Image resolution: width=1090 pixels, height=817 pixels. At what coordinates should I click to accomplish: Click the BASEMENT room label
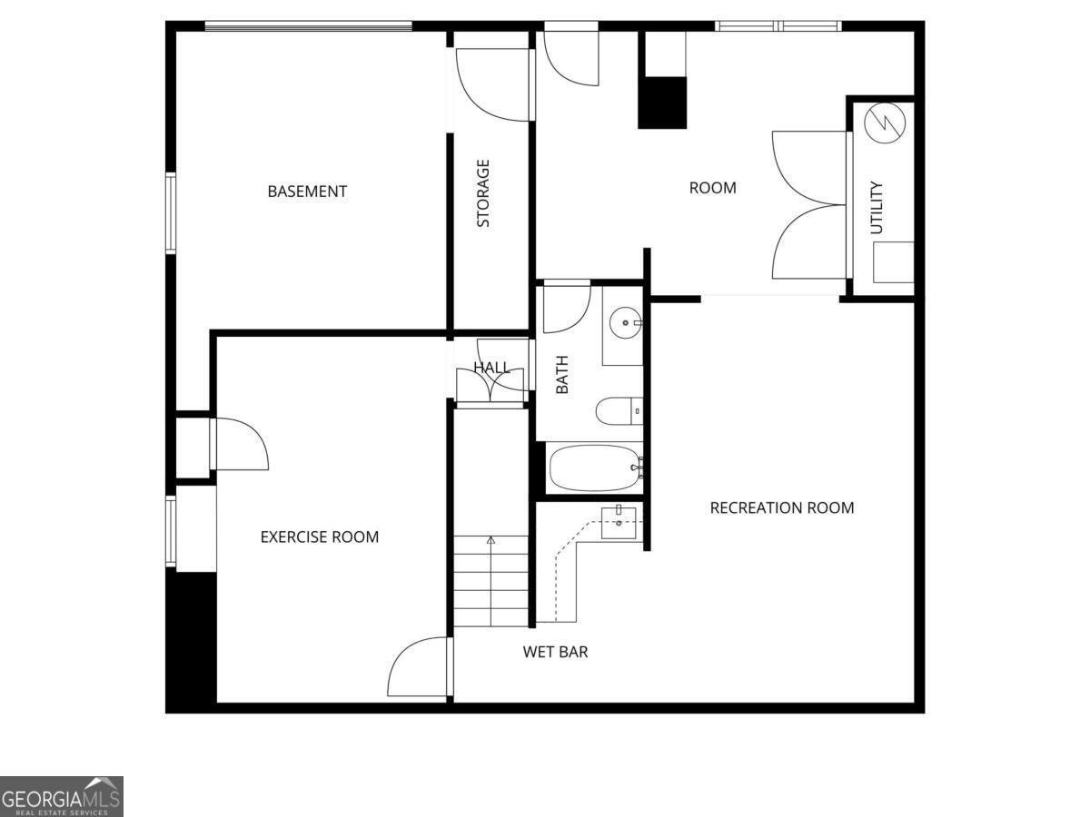point(307,192)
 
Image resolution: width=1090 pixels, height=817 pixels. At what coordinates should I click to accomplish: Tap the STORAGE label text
point(483,193)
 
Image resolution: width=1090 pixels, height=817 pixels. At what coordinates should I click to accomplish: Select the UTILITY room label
point(877,208)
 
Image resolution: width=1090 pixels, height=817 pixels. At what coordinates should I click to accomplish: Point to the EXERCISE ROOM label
point(319,536)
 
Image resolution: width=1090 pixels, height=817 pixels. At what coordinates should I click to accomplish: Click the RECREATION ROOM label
point(781,507)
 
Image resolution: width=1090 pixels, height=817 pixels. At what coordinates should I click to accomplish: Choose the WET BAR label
point(555,652)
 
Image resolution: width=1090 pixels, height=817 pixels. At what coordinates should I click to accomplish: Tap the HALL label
point(491,368)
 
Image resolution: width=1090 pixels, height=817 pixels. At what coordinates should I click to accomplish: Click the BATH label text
point(561,374)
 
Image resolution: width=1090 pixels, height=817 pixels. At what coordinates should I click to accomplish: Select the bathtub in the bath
point(595,468)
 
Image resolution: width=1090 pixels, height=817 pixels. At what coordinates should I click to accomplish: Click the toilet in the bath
point(619,411)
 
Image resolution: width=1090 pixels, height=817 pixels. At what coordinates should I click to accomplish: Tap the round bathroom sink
point(625,322)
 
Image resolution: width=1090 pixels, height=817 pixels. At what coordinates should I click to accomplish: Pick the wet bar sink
point(619,523)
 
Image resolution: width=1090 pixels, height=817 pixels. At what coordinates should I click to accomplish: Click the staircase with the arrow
point(491,581)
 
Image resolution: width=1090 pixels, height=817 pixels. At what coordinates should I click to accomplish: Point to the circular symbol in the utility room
point(881,123)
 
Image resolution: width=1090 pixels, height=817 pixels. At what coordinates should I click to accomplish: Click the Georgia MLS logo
point(61,796)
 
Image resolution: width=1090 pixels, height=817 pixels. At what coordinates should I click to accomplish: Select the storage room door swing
point(491,84)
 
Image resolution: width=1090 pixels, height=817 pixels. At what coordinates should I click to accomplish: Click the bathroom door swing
point(566,310)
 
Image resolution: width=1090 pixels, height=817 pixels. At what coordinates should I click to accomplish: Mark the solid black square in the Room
point(662,103)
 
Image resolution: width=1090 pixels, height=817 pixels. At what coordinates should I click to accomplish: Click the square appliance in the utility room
point(893,262)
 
